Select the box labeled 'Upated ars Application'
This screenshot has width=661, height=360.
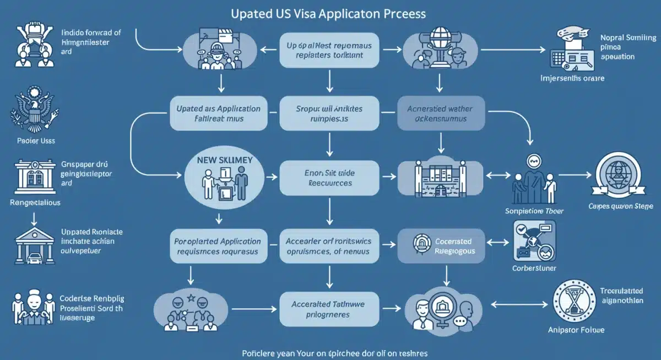click(218, 114)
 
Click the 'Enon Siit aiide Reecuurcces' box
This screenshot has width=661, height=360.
click(330, 178)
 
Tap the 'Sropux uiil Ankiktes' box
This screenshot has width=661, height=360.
click(330, 114)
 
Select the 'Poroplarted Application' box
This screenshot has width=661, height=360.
click(218, 246)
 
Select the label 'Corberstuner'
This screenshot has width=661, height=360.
click(534, 268)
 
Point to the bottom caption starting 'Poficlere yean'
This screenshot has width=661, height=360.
click(330, 352)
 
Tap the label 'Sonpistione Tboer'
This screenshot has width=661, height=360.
click(534, 211)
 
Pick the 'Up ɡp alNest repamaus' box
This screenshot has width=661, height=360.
click(329, 51)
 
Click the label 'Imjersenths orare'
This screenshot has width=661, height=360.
click(572, 78)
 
